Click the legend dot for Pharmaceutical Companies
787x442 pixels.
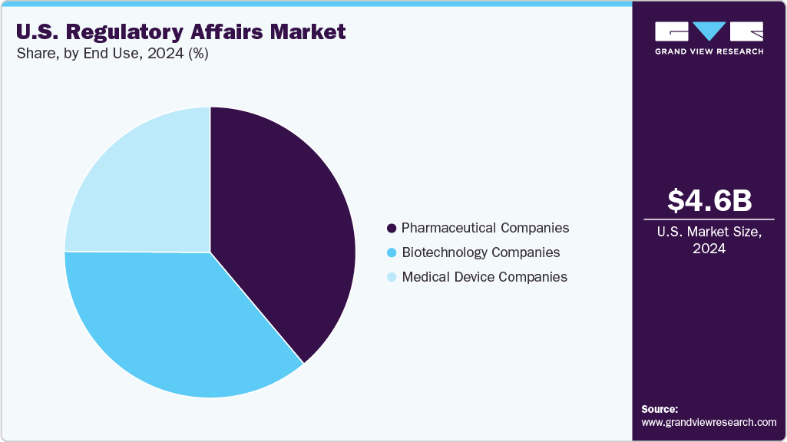click(x=392, y=229)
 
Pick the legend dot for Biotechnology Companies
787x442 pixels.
click(x=392, y=252)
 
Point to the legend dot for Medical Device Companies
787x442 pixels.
click(x=392, y=277)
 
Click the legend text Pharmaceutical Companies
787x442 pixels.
click(x=485, y=228)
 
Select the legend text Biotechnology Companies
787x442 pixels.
click(x=481, y=252)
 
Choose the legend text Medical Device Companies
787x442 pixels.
click(x=484, y=277)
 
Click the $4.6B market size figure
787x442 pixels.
click(x=709, y=200)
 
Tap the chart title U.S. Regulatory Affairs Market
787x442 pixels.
click(x=181, y=32)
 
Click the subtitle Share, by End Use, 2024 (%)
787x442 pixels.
click(x=112, y=54)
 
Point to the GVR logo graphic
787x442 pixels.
click(x=709, y=31)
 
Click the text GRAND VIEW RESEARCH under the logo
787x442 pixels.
click(x=709, y=51)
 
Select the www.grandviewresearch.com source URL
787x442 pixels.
click(x=709, y=422)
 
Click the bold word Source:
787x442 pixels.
click(x=660, y=409)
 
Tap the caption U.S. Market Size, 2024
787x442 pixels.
click(x=709, y=240)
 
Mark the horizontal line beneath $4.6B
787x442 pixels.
click(x=709, y=219)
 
